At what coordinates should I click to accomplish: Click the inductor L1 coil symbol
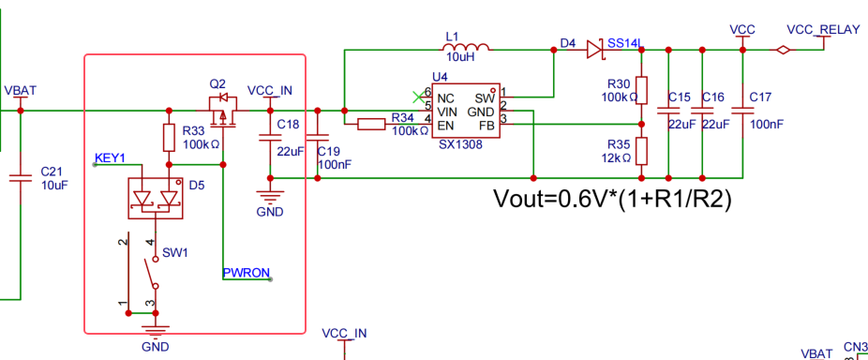point(468,47)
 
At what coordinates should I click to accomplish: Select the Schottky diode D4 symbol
point(594,50)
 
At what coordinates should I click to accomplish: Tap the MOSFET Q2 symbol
point(223,111)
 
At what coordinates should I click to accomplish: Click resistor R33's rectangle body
point(170,138)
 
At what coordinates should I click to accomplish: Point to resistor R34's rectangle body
point(371,125)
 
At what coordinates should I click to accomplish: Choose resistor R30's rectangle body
point(641,90)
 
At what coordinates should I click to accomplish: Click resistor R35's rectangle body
point(641,151)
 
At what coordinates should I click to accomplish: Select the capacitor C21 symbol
point(21,178)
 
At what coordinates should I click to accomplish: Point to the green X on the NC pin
point(419,97)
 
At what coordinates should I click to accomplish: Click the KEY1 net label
point(111,157)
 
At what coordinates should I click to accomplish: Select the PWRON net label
point(247,273)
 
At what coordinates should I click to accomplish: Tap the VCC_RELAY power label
point(823,29)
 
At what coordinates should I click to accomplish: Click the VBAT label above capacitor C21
point(21,90)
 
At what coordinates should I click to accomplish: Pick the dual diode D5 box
point(156,198)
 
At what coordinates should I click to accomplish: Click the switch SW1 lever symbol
point(152,272)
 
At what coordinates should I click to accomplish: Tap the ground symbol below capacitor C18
point(270,197)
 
